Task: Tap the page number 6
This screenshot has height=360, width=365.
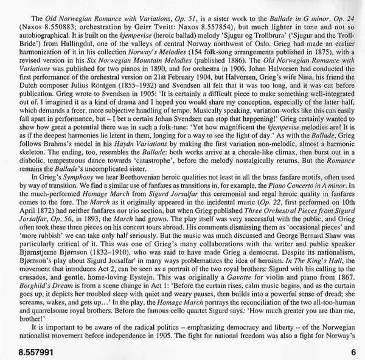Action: [352, 351]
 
